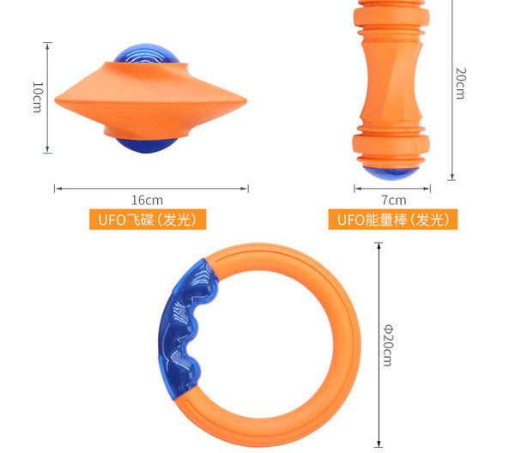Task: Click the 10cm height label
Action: [x=37, y=97]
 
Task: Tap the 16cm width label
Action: [x=147, y=200]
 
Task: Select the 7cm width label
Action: [x=393, y=200]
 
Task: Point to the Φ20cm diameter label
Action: [x=388, y=346]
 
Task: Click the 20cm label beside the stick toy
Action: [x=460, y=83]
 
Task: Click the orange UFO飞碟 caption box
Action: [x=148, y=220]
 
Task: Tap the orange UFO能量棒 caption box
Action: [x=393, y=220]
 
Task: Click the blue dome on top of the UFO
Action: [x=147, y=54]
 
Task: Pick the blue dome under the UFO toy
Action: [x=147, y=145]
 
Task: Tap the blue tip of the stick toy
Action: [x=391, y=173]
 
